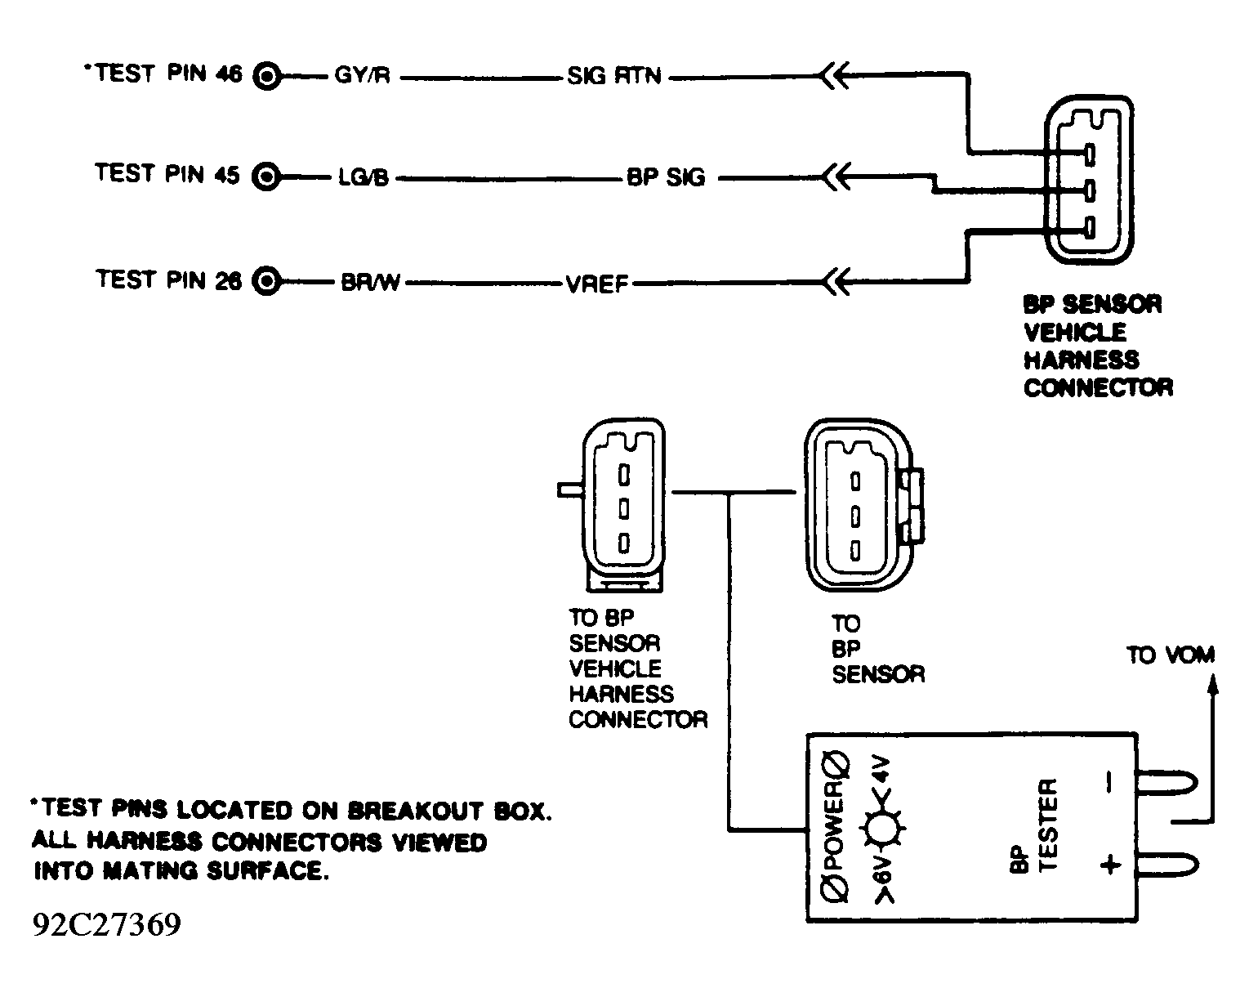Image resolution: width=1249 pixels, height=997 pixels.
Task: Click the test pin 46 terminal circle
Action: click(267, 76)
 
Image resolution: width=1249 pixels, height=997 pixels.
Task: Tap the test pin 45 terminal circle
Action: click(266, 177)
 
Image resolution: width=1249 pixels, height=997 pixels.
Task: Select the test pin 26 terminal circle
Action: click(266, 282)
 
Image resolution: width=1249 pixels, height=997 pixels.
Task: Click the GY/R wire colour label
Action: click(362, 75)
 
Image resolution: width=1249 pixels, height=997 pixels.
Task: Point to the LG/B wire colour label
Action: click(364, 177)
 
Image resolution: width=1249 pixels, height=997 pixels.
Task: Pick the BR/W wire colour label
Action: click(370, 282)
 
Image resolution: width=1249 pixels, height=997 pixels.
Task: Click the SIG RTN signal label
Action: click(614, 75)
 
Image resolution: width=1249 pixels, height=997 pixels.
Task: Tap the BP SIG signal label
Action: click(666, 177)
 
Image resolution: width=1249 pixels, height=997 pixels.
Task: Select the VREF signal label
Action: click(597, 284)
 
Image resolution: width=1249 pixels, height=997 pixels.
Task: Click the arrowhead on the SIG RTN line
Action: click(835, 75)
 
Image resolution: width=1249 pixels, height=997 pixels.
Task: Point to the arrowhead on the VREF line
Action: click(836, 282)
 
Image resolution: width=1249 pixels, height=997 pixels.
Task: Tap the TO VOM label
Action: click(1171, 655)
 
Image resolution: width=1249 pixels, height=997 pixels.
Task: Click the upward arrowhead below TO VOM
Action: click(1212, 685)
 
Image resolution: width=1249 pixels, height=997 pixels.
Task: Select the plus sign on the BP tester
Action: click(1110, 865)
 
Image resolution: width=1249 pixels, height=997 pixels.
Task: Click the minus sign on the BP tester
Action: click(1109, 781)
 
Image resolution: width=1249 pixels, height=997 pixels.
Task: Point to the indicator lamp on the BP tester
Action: click(883, 828)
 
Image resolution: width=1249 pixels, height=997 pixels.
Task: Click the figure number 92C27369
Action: click(107, 924)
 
